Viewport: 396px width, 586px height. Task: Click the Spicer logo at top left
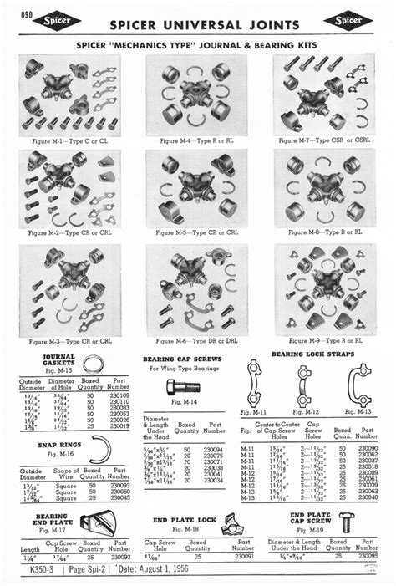56,21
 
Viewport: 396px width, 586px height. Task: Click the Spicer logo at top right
348,21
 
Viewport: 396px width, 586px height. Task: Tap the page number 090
25,13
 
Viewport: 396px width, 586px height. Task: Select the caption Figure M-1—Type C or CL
69,142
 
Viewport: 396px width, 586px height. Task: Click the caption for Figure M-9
323,340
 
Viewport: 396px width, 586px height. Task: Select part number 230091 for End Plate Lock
244,556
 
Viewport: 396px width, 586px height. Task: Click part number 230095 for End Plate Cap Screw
366,556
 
